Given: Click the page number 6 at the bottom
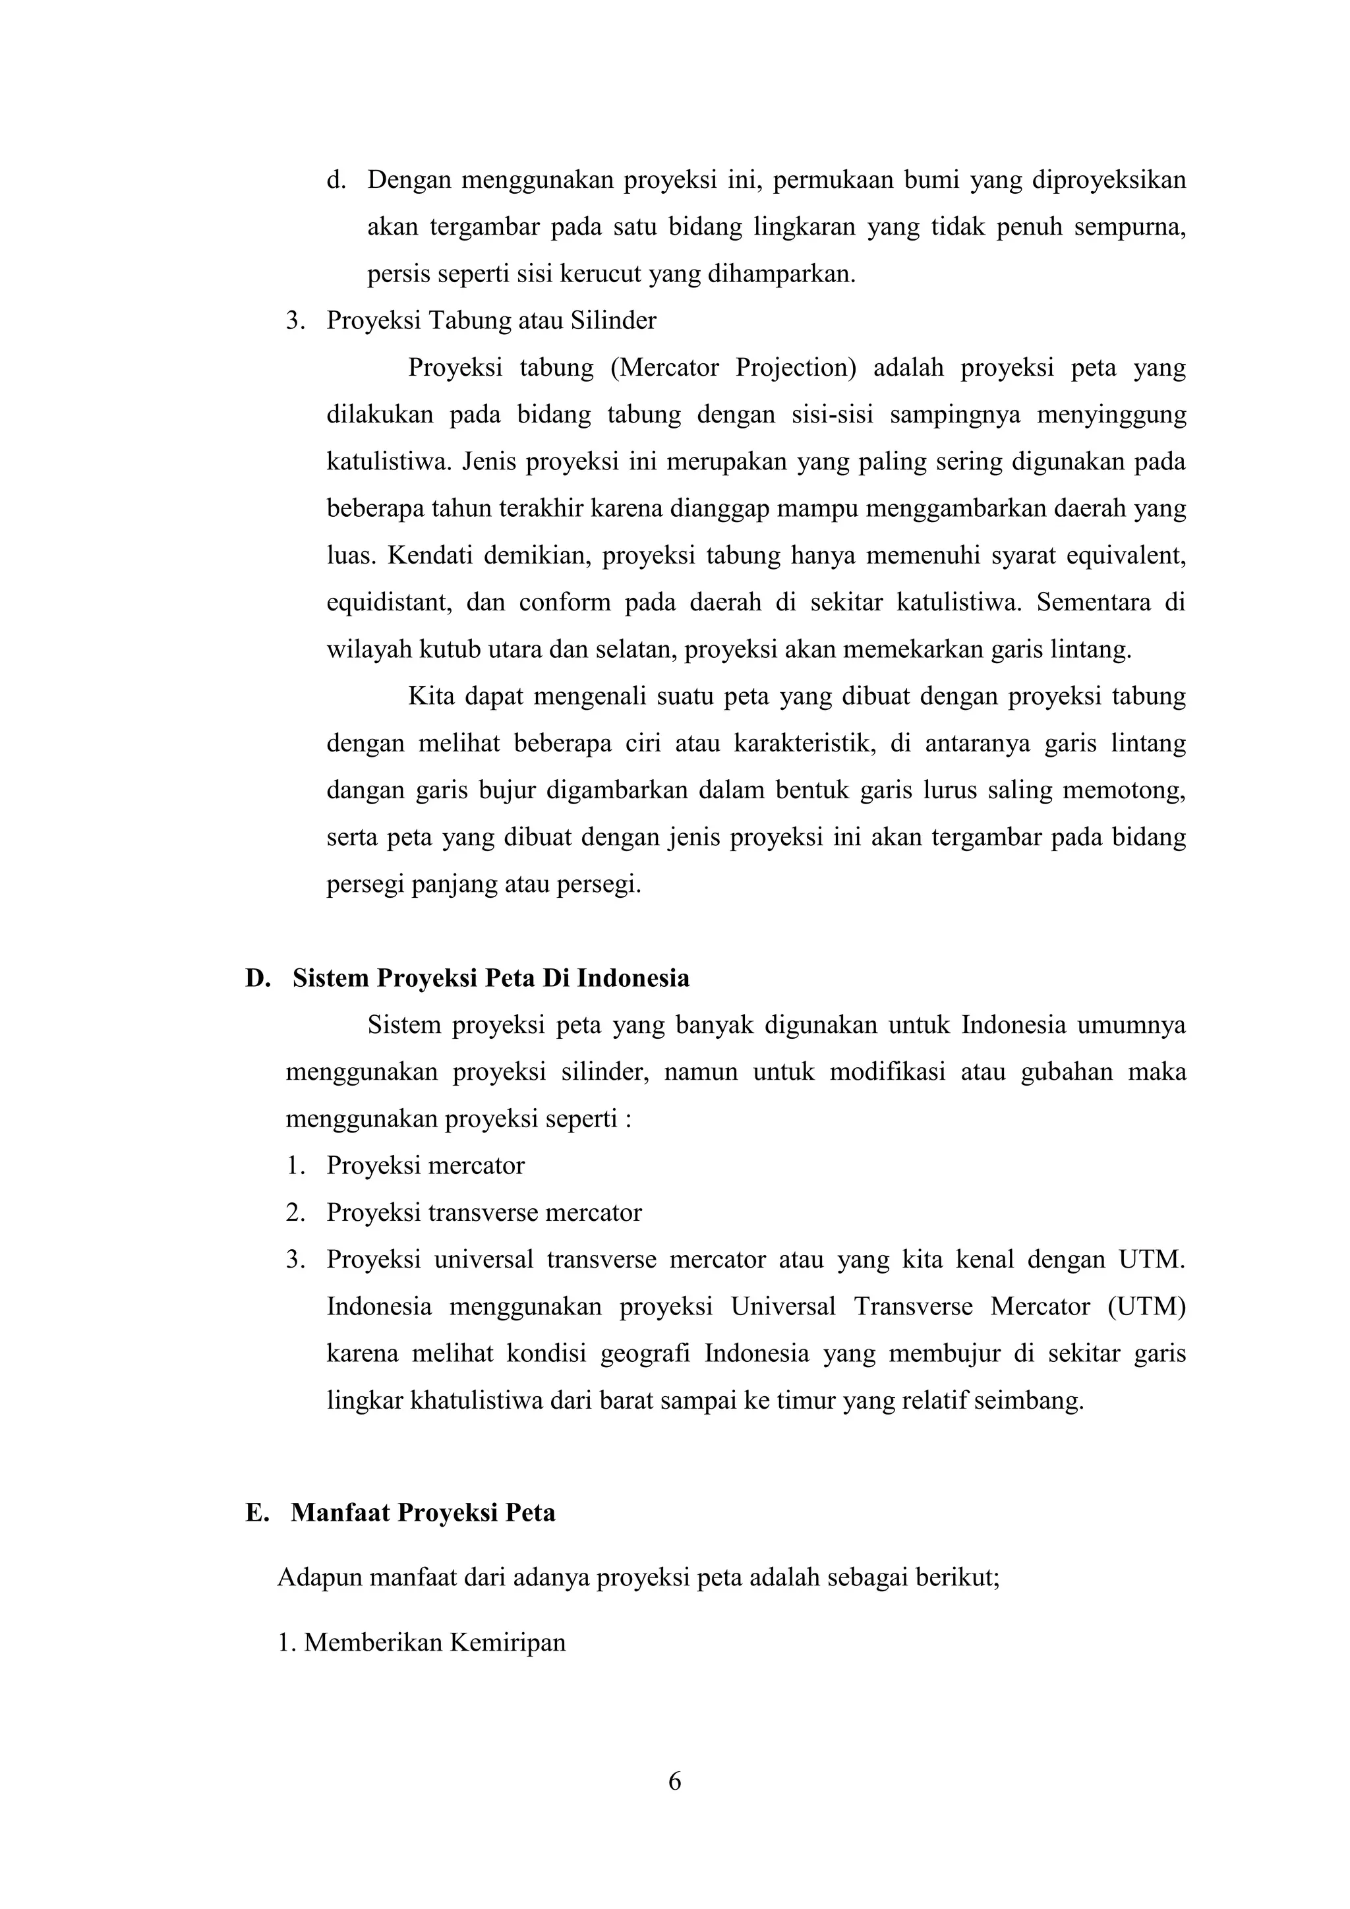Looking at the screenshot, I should (x=674, y=1781).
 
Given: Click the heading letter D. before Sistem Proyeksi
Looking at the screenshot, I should (x=258, y=978).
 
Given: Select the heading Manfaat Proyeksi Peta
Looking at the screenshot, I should (x=423, y=1512).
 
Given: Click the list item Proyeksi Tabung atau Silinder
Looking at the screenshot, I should (x=490, y=321).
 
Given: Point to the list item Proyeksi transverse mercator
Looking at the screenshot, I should (x=484, y=1212).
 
